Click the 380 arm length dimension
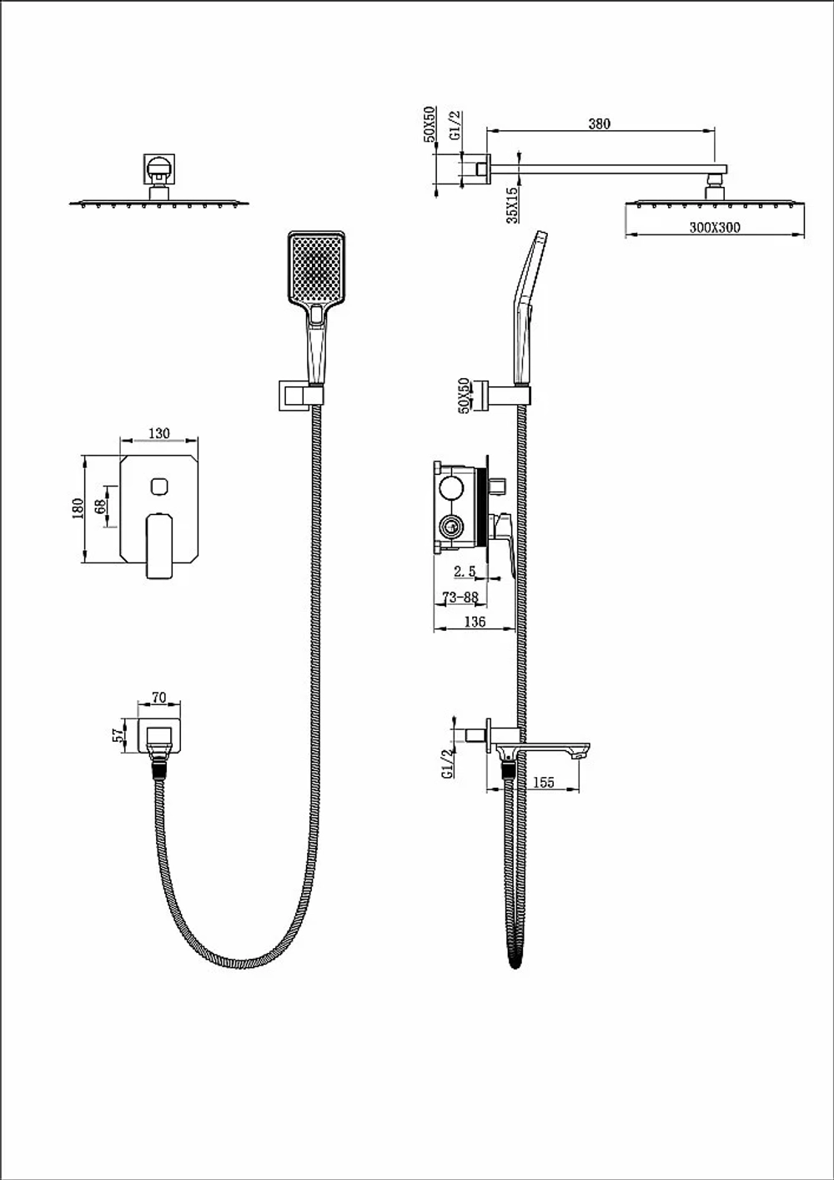point(599,124)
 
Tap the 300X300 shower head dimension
point(715,228)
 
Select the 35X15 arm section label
point(512,205)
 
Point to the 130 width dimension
point(159,433)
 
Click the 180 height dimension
point(78,508)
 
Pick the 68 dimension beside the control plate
point(100,507)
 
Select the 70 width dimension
point(158,698)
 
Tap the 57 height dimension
point(120,735)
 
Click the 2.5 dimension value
point(465,571)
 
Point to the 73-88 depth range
point(460,597)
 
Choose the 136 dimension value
point(475,622)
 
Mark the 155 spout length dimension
point(544,782)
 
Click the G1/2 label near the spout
point(448,764)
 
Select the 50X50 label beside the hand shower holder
point(464,396)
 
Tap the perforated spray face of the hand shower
point(316,268)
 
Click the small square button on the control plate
point(159,486)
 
